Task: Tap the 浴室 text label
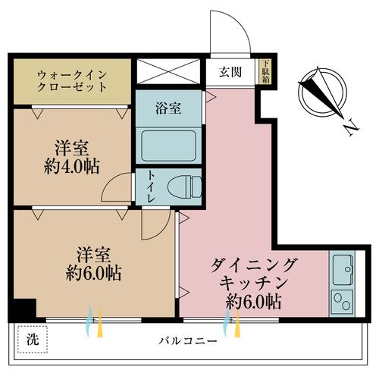(168, 107)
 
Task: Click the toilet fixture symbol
(184, 184)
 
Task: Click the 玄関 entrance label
(230, 73)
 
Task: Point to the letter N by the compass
(349, 129)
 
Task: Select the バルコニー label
(184, 340)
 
